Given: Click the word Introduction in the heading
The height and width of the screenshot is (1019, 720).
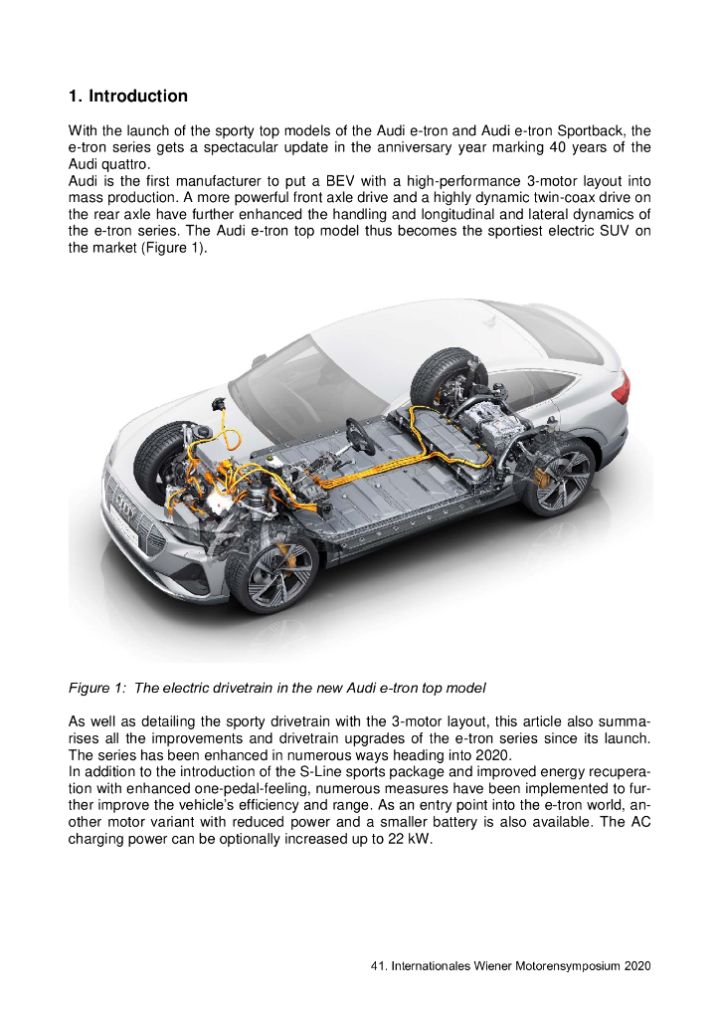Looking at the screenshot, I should point(137,97).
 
